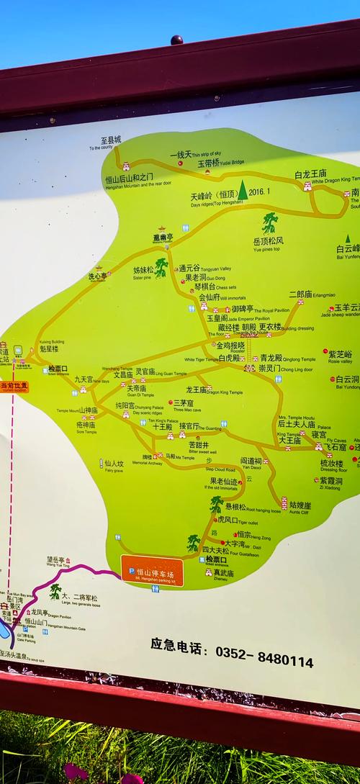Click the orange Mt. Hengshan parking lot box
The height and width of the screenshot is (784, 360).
point(152,570)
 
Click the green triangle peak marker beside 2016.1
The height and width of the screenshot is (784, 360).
point(243,190)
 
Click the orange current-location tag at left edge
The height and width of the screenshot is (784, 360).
point(14,387)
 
